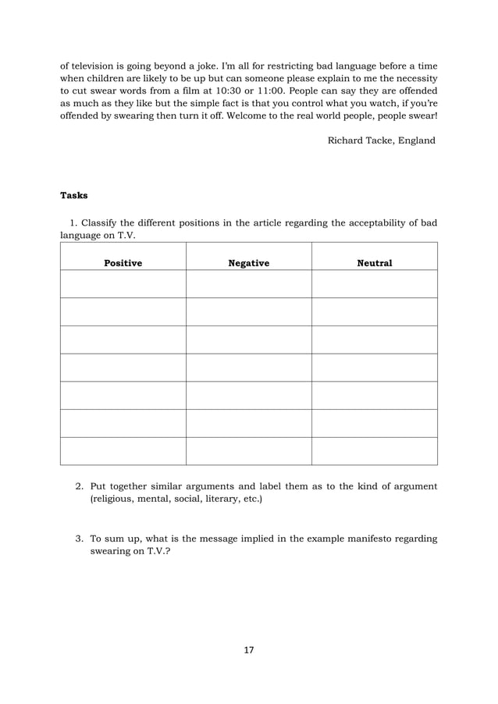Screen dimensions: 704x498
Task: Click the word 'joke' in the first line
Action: click(x=223, y=65)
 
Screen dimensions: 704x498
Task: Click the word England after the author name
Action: click(x=416, y=140)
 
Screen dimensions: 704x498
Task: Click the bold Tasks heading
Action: click(x=74, y=195)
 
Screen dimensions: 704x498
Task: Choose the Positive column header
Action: click(x=123, y=264)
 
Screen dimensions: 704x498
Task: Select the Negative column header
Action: click(x=248, y=264)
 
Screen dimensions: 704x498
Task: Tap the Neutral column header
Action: click(x=374, y=264)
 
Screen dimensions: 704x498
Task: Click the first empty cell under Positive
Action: click(x=123, y=284)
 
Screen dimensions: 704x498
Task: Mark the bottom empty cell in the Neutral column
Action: click(x=374, y=451)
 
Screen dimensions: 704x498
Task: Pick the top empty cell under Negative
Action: click(x=248, y=284)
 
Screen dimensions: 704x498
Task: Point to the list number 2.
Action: click(x=79, y=487)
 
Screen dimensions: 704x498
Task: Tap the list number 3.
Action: click(x=79, y=539)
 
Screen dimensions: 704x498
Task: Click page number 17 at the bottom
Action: click(x=249, y=649)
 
